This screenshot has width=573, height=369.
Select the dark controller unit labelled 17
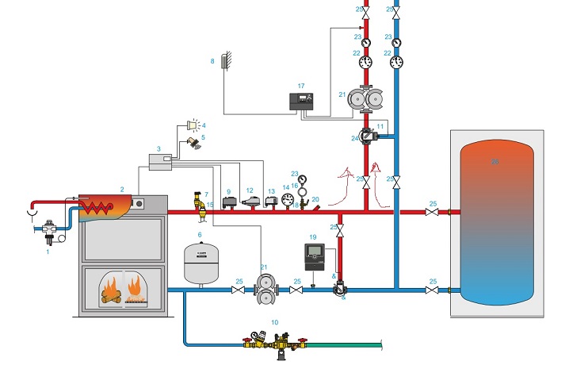[x=304, y=102]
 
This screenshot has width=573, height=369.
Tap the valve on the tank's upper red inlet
[x=431, y=213]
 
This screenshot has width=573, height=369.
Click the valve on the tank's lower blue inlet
[x=431, y=291]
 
